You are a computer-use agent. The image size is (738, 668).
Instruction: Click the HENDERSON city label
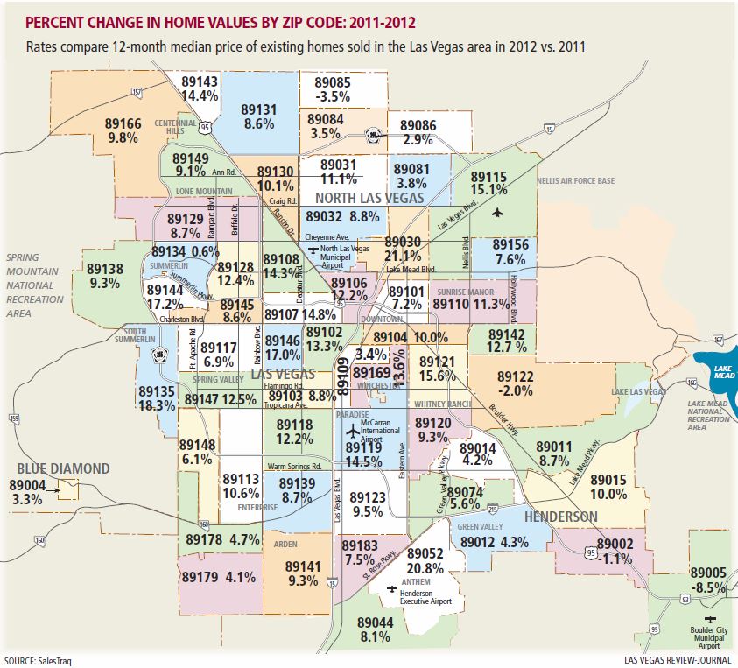pos(561,517)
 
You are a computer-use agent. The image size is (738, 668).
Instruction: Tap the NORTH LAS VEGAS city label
pos(370,198)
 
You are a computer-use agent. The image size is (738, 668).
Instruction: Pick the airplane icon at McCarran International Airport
pos(352,431)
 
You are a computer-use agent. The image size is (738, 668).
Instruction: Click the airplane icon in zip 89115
pos(498,212)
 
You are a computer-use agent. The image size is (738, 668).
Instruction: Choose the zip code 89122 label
pos(515,376)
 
